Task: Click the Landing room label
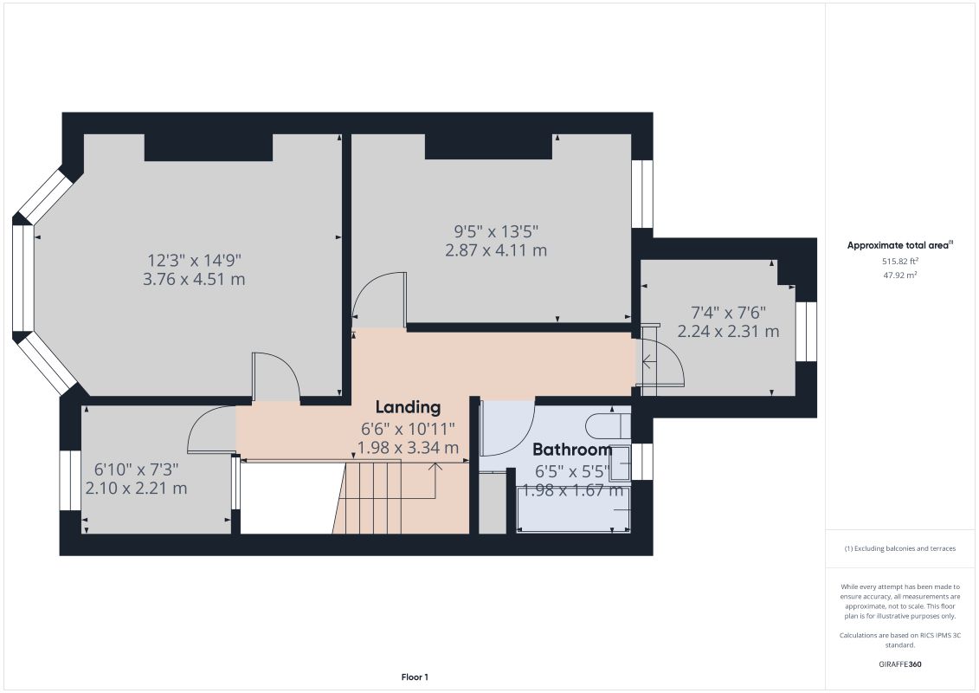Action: [x=408, y=407]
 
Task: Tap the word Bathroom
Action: [x=571, y=450]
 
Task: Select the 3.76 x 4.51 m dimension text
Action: [x=194, y=279]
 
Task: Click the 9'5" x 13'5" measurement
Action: [x=497, y=231]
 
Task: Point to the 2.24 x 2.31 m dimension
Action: [x=728, y=331]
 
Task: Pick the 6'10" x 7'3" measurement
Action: [x=136, y=469]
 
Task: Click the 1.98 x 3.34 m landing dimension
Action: [x=408, y=448]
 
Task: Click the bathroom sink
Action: [x=621, y=463]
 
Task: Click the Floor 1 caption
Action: [x=415, y=677]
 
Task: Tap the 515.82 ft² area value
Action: [x=899, y=260]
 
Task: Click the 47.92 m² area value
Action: [x=899, y=275]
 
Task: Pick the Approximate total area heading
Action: [x=899, y=245]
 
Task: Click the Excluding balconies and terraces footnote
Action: [x=899, y=548]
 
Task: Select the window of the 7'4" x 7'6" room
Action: [x=806, y=331]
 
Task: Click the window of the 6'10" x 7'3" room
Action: [x=70, y=481]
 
